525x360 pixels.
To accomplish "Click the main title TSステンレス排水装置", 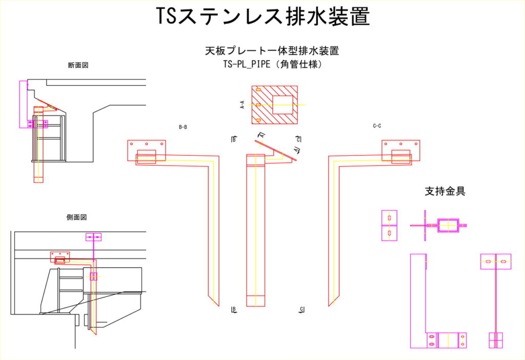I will [262, 16].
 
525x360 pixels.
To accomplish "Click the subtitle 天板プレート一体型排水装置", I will [272, 51].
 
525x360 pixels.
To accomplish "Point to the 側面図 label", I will [76, 217].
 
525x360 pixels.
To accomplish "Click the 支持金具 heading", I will [445, 191].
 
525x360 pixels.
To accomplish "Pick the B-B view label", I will [183, 127].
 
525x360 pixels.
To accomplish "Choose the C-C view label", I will [377, 126].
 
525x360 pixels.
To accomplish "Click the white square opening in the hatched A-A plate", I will [282, 105].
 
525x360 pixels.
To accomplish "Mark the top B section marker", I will [234, 139].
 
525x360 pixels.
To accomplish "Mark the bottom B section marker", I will [234, 309].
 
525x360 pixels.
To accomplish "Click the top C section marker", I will [299, 139].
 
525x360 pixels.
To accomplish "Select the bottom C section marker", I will [302, 309].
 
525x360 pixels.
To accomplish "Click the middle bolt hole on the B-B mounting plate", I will [147, 144].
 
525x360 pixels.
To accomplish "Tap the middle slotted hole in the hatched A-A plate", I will [258, 105].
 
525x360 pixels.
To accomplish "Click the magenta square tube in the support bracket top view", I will [448, 225].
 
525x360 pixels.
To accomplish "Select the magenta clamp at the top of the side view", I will [93, 237].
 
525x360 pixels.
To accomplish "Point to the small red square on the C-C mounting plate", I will [400, 156].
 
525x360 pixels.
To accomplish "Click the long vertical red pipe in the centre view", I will [256, 231].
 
